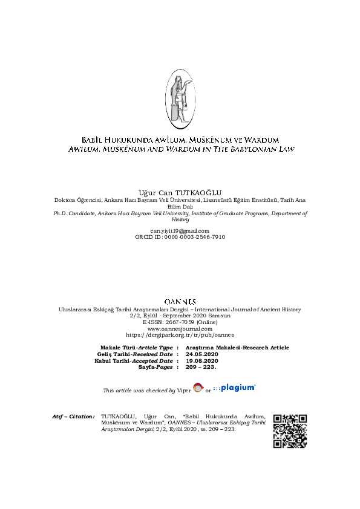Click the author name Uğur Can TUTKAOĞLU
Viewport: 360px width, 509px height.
(180, 192)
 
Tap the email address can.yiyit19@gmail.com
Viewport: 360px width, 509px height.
(180, 231)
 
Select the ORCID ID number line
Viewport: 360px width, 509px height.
(180, 237)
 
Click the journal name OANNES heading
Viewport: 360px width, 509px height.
(180, 301)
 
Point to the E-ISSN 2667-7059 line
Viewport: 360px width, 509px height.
(180, 322)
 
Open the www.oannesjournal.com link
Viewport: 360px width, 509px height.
(180, 328)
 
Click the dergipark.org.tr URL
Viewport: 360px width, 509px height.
(180, 334)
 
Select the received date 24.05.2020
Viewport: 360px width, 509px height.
(203, 354)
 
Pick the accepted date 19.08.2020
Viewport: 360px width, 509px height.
(203, 360)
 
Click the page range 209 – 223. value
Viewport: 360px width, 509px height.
(203, 367)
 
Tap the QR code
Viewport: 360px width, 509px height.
(290, 431)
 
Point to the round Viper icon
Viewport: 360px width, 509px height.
(198, 388)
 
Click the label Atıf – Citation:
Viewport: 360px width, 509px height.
(74, 417)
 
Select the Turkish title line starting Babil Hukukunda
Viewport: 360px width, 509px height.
(180, 140)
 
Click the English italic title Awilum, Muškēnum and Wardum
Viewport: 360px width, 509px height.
(180, 149)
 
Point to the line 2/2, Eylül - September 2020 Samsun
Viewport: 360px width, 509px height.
(180, 316)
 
